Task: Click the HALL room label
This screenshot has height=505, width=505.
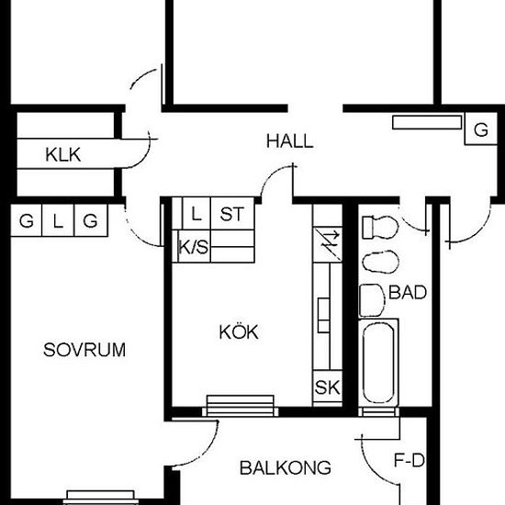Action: (x=290, y=141)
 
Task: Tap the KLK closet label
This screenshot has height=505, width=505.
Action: (x=63, y=155)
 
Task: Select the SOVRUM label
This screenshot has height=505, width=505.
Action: (x=84, y=350)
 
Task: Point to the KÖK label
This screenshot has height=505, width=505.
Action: (x=239, y=331)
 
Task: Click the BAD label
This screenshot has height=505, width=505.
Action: (x=408, y=292)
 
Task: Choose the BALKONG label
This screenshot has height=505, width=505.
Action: (x=286, y=467)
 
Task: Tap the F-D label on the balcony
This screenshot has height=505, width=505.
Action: (x=410, y=461)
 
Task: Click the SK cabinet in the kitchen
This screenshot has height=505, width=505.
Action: (x=327, y=387)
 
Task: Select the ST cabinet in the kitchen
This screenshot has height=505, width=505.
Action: (x=232, y=214)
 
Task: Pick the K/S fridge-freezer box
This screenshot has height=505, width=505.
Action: (x=194, y=246)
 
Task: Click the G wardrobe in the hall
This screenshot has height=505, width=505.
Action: (x=480, y=129)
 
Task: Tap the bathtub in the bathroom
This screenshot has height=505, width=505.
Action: (x=378, y=363)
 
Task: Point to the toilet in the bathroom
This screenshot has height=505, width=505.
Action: (x=380, y=227)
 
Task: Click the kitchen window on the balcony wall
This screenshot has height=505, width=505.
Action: (x=241, y=406)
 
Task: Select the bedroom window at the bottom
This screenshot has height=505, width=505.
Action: (x=100, y=498)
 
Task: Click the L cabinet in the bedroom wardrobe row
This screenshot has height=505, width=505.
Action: (x=58, y=220)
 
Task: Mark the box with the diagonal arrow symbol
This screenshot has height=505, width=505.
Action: (x=327, y=245)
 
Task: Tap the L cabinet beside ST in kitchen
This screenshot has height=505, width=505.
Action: (x=196, y=214)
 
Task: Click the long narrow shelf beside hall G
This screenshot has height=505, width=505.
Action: (x=427, y=122)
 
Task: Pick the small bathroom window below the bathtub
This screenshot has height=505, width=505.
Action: (x=378, y=412)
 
